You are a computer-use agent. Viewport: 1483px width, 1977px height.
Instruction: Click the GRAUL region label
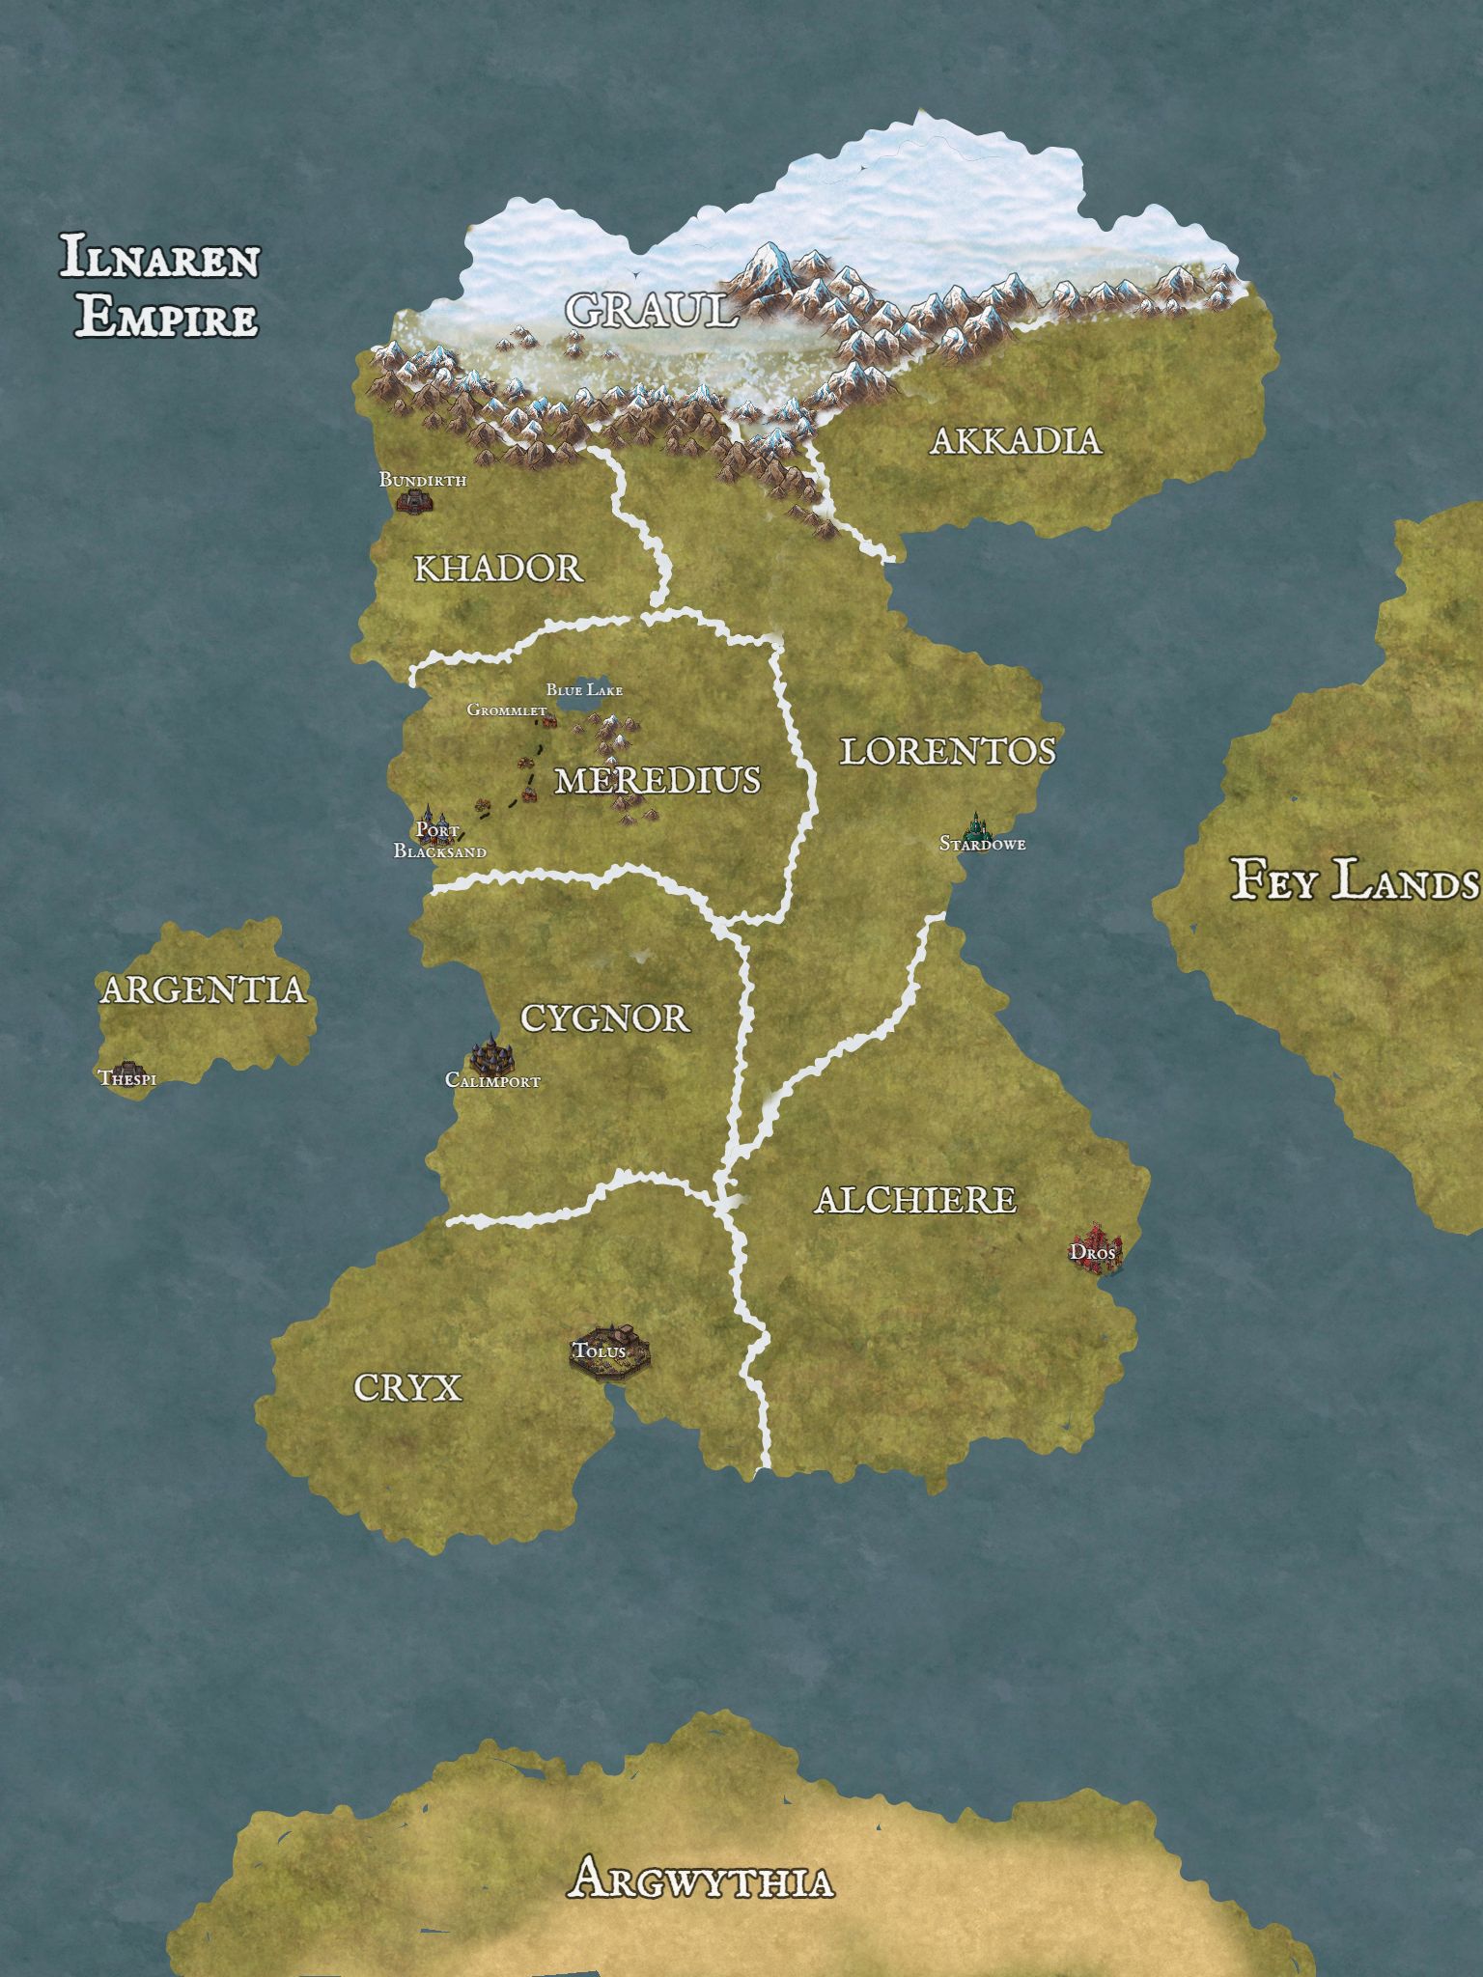(x=651, y=310)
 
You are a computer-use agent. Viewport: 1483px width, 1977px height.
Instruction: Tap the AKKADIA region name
(x=1016, y=441)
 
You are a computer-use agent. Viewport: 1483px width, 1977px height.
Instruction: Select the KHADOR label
(x=498, y=569)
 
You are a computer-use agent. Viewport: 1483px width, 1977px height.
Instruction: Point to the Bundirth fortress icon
(x=414, y=500)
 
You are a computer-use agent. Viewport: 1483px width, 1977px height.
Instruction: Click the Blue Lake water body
(x=585, y=707)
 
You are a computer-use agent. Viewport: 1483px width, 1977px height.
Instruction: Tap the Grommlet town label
(x=506, y=710)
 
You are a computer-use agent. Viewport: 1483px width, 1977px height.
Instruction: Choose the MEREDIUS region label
(x=658, y=780)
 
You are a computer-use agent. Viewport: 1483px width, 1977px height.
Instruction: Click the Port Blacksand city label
(x=439, y=841)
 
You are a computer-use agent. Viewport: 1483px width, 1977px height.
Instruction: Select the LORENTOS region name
(x=947, y=751)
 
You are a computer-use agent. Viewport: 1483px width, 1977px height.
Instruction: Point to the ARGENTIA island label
(x=203, y=989)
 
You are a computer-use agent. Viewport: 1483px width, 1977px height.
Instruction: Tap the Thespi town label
(x=126, y=1078)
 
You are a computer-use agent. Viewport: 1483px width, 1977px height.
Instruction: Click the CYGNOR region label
(x=604, y=1017)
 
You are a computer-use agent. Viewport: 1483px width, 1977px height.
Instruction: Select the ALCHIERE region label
(x=914, y=1200)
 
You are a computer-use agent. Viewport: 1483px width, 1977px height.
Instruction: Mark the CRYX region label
(x=407, y=1388)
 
